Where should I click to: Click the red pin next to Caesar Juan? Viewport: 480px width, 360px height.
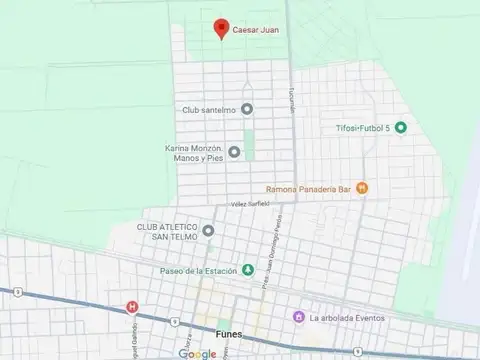click(222, 29)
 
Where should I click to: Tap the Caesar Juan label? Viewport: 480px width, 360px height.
click(255, 30)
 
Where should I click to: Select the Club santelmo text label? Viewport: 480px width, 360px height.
click(209, 109)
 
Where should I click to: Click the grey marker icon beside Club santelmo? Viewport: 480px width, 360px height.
click(247, 109)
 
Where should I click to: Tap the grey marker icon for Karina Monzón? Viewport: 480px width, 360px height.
click(234, 152)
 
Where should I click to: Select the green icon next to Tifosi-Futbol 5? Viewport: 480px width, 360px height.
click(400, 127)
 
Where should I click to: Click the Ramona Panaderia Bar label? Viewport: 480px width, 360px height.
click(309, 187)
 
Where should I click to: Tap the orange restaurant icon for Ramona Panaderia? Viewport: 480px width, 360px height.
click(363, 186)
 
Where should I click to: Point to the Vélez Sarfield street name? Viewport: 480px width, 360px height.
click(250, 204)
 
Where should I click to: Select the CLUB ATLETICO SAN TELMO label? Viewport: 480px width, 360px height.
click(167, 231)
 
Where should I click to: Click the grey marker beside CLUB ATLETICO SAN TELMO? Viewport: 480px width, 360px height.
click(208, 231)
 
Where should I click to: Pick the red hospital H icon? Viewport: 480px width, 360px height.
click(129, 306)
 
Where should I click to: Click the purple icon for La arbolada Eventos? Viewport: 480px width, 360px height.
click(297, 317)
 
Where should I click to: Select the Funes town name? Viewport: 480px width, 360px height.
click(228, 335)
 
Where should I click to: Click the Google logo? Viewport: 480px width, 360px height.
click(197, 352)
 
